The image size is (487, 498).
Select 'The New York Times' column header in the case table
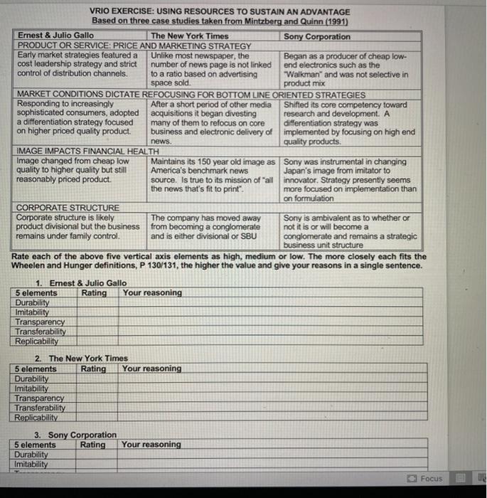pos(190,36)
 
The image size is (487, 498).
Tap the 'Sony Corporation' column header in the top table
pos(316,36)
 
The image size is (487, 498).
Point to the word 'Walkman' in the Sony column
pos(303,74)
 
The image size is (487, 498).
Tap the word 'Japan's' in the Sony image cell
pos(299,171)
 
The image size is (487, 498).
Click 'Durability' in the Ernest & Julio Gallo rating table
pos(33,302)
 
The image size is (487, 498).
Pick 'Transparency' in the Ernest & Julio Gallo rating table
pos(40,322)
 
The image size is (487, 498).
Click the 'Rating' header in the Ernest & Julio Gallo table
pos(94,292)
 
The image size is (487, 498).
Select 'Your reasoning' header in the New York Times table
pos(151,369)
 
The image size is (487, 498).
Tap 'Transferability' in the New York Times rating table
pos(41,408)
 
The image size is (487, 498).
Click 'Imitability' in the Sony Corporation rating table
pos(32,464)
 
